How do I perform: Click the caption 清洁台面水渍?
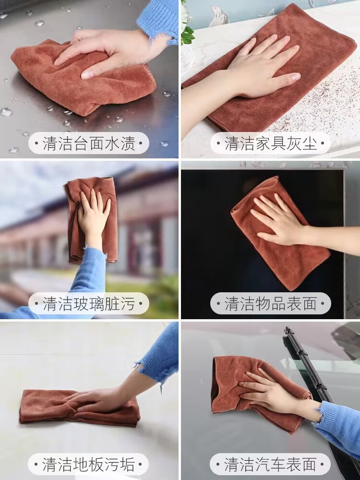click(88, 143)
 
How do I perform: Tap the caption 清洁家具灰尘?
click(271, 143)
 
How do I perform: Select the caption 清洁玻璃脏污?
click(88, 303)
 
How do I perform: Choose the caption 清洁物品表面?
click(271, 303)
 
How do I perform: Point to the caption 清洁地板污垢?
click(88, 464)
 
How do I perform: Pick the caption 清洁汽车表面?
click(271, 464)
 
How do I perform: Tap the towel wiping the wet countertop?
click(83, 76)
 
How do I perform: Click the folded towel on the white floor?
click(79, 407)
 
